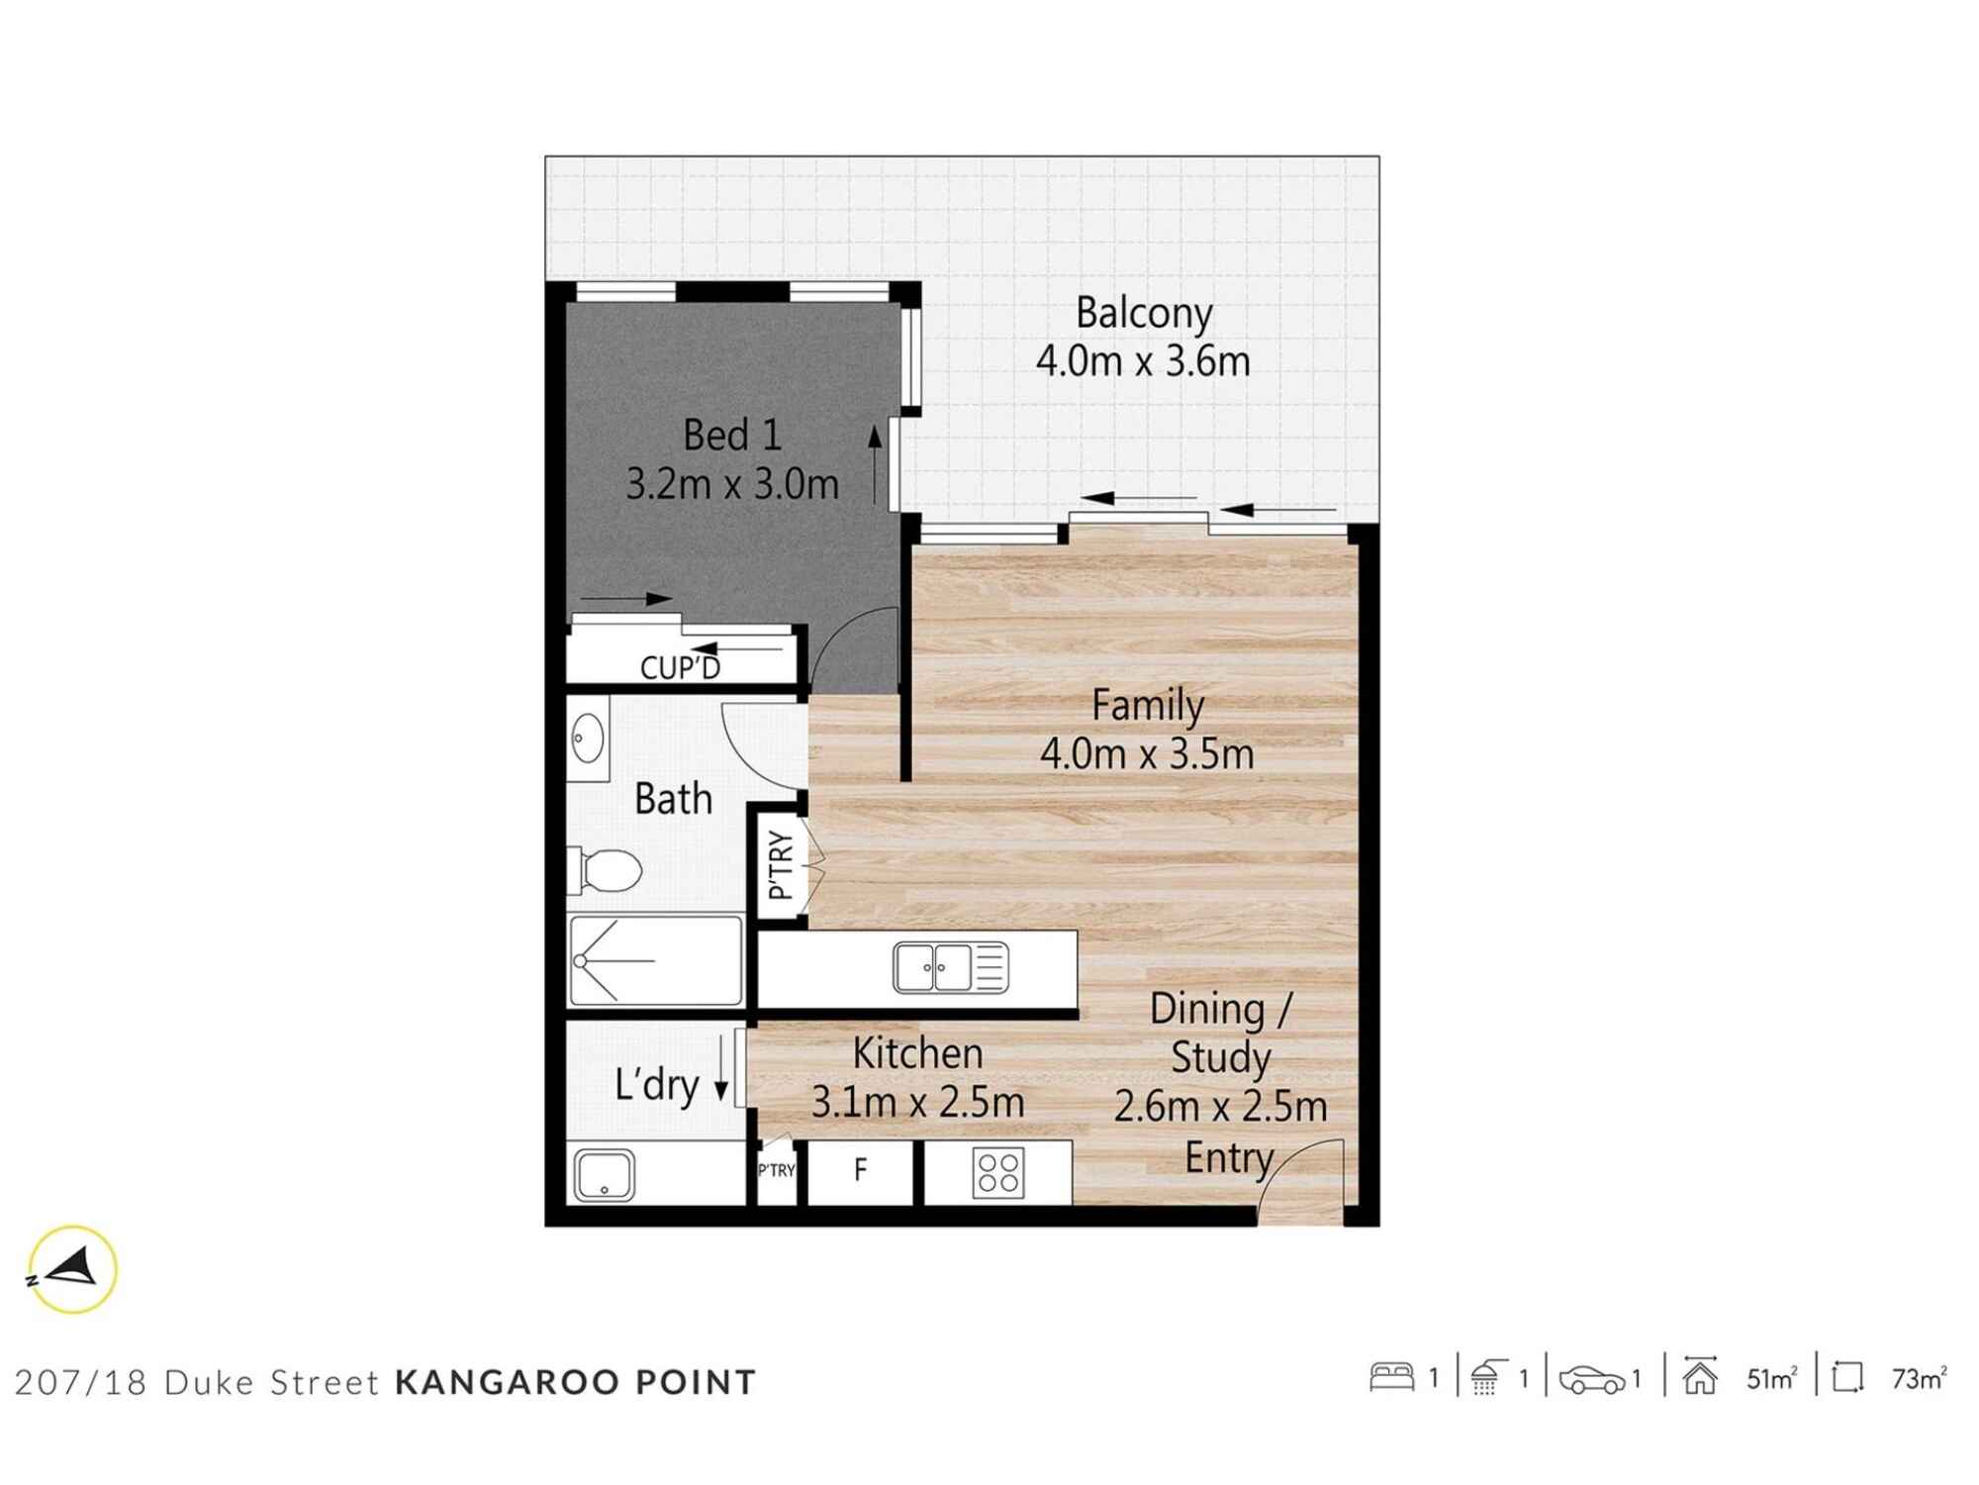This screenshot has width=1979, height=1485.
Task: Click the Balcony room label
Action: click(1144, 313)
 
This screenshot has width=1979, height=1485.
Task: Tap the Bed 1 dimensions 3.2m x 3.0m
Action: click(732, 484)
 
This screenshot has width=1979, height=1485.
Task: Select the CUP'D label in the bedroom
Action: click(680, 668)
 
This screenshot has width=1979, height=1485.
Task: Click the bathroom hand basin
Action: click(588, 739)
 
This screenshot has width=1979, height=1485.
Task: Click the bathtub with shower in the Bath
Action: click(655, 960)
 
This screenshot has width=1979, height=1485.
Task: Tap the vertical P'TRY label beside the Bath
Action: click(781, 865)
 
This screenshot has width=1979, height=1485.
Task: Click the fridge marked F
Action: click(860, 1170)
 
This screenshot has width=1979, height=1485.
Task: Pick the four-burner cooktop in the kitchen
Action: click(997, 1172)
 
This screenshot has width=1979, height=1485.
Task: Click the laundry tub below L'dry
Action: click(604, 1174)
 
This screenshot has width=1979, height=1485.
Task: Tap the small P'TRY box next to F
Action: click(776, 1170)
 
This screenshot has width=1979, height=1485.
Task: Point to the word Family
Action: click(1148, 705)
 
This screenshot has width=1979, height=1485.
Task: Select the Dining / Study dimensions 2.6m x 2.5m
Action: click(1220, 1106)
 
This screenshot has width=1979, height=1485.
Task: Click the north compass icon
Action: click(72, 1269)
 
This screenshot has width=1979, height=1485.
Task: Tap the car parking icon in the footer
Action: click(1591, 1379)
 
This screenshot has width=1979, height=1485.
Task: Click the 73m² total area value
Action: click(1918, 1378)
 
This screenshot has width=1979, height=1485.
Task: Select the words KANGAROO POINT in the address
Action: click(576, 1382)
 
